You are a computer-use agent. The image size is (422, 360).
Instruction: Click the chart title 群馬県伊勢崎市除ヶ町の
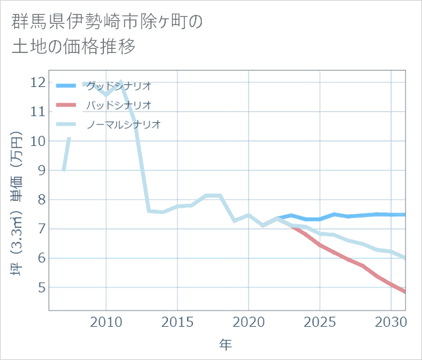[107, 21]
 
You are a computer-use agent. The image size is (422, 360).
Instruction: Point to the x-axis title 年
[226, 345]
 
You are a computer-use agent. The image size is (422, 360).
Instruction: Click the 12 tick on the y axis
[37, 82]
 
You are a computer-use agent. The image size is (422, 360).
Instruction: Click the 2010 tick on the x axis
[106, 322]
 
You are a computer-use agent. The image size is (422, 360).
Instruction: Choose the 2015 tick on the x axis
[177, 322]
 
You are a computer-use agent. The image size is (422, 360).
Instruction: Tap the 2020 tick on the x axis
[249, 322]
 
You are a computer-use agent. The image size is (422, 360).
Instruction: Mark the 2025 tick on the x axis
[320, 322]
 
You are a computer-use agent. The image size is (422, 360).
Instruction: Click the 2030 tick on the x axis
[391, 322]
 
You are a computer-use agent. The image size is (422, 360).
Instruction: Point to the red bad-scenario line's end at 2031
[405, 291]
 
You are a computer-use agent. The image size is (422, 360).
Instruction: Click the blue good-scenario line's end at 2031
[405, 215]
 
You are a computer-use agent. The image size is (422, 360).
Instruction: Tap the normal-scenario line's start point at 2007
[63, 170]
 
